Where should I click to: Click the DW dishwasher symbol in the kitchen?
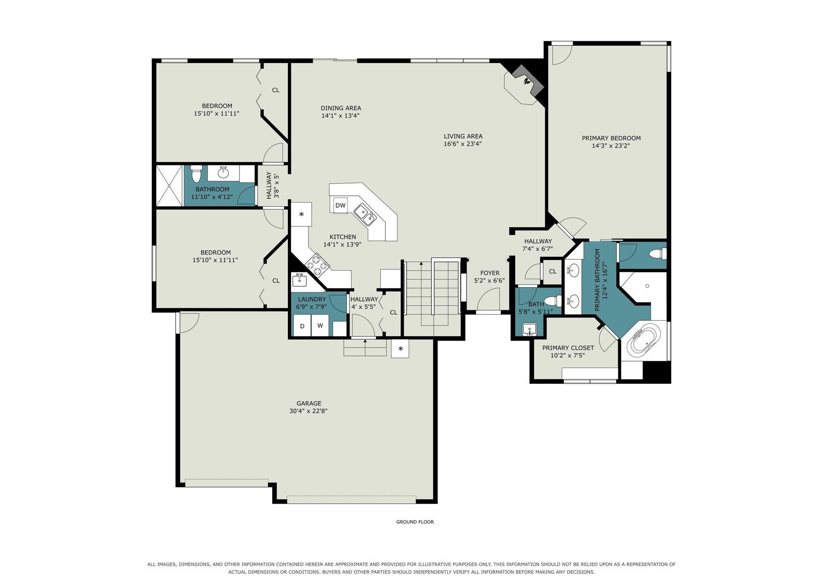[340, 205]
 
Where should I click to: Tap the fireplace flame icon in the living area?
[527, 81]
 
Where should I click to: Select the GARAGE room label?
[309, 403]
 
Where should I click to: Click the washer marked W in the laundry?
[320, 325]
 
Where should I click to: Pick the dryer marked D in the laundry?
[302, 326]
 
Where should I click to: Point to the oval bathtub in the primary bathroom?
[645, 342]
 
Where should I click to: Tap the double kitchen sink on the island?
[365, 214]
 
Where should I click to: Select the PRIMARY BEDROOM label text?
[611, 138]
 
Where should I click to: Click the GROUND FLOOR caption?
[415, 522]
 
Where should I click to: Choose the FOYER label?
[489, 273]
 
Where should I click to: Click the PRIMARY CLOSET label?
[568, 348]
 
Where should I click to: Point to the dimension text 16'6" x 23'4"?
[463, 144]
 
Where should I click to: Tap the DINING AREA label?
[341, 108]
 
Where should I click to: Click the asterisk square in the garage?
[400, 349]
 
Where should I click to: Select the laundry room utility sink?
[299, 279]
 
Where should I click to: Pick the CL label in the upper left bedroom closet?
[275, 90]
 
